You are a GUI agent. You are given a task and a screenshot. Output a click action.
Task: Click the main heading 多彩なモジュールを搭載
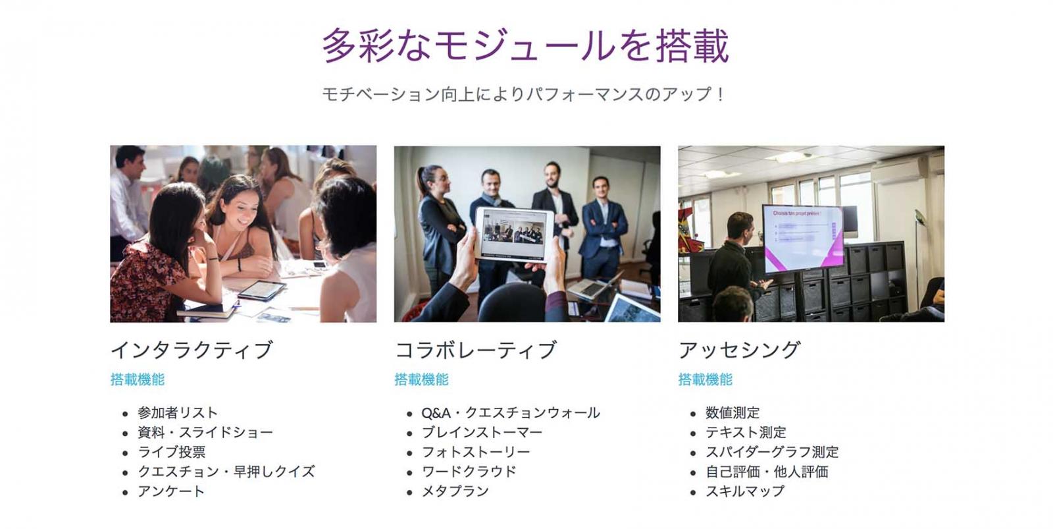[526, 45]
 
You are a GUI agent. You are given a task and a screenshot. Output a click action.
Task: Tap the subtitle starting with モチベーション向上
[524, 94]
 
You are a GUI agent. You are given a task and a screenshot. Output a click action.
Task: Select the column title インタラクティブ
[192, 350]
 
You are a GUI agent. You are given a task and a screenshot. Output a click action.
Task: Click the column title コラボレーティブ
[476, 350]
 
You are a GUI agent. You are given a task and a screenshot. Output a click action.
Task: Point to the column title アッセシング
[740, 350]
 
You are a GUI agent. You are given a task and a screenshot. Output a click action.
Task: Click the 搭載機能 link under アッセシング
[705, 379]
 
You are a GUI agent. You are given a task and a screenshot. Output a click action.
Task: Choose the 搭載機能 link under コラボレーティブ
[421, 379]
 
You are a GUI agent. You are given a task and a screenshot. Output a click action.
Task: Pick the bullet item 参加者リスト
[178, 413]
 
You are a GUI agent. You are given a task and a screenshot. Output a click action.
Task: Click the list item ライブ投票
[172, 452]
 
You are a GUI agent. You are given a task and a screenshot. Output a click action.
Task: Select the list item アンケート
[171, 491]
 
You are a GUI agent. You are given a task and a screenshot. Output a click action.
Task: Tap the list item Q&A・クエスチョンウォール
[511, 413]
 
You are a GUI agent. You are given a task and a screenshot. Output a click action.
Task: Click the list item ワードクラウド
[469, 472]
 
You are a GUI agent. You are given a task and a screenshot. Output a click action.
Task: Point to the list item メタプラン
[455, 491]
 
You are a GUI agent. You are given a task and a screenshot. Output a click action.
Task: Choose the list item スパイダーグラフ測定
[772, 452]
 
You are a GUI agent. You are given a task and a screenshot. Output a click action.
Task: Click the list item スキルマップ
[745, 491]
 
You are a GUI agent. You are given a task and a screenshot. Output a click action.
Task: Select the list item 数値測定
[732, 413]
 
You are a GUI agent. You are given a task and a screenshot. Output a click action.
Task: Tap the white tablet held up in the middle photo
[514, 235]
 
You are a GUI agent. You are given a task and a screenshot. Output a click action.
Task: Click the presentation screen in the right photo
[802, 238]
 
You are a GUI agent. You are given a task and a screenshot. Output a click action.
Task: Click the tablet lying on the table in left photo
[262, 290]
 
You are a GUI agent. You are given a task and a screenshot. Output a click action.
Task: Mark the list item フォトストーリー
[476, 452]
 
